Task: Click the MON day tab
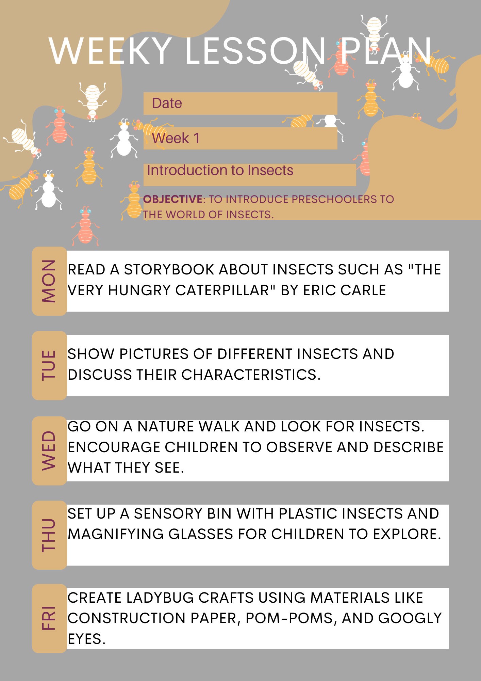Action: point(49,281)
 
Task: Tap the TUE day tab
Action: point(49,365)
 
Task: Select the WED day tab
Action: point(49,450)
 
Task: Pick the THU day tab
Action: point(49,535)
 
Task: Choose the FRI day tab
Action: point(49,618)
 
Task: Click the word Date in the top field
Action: point(167,103)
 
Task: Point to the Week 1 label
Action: point(176,138)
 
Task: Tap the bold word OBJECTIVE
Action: point(173,199)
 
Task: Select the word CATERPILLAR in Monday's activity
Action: point(222,290)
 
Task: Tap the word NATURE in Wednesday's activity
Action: point(165,427)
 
